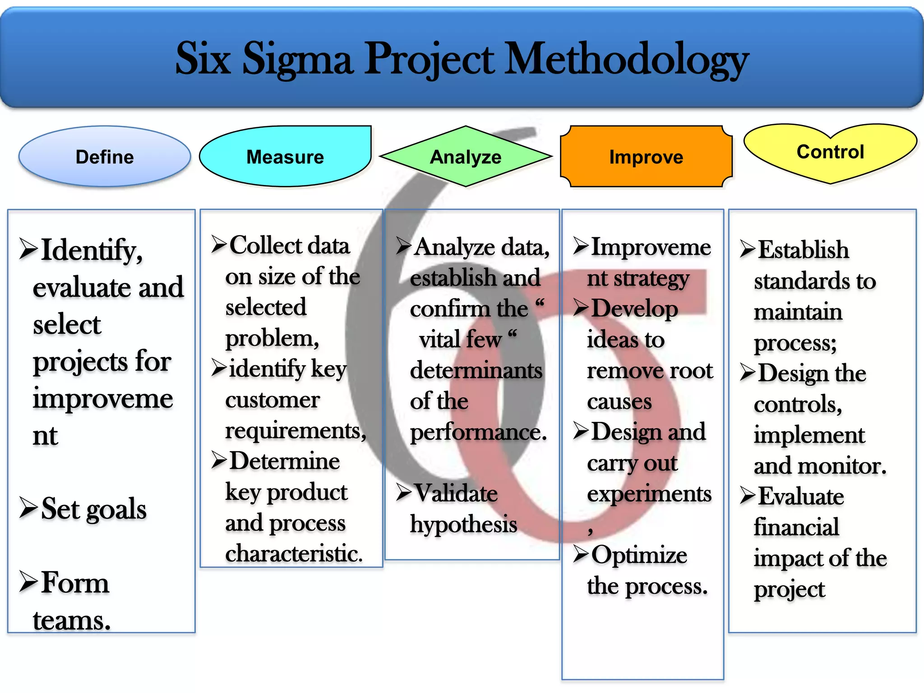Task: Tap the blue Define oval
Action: click(105, 157)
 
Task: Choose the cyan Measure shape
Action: click(285, 157)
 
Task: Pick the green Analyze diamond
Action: click(466, 157)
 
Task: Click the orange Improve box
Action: click(646, 157)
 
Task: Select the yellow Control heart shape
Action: click(830, 152)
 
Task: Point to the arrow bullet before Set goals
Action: click(28, 508)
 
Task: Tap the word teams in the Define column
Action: click(71, 620)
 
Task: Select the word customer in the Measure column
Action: click(273, 400)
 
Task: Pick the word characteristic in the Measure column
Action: click(294, 554)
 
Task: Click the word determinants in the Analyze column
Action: click(476, 370)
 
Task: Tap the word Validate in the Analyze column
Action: click(456, 493)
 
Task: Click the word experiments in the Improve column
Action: click(649, 494)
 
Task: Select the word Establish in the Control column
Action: click(803, 250)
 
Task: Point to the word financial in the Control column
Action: click(796, 527)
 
